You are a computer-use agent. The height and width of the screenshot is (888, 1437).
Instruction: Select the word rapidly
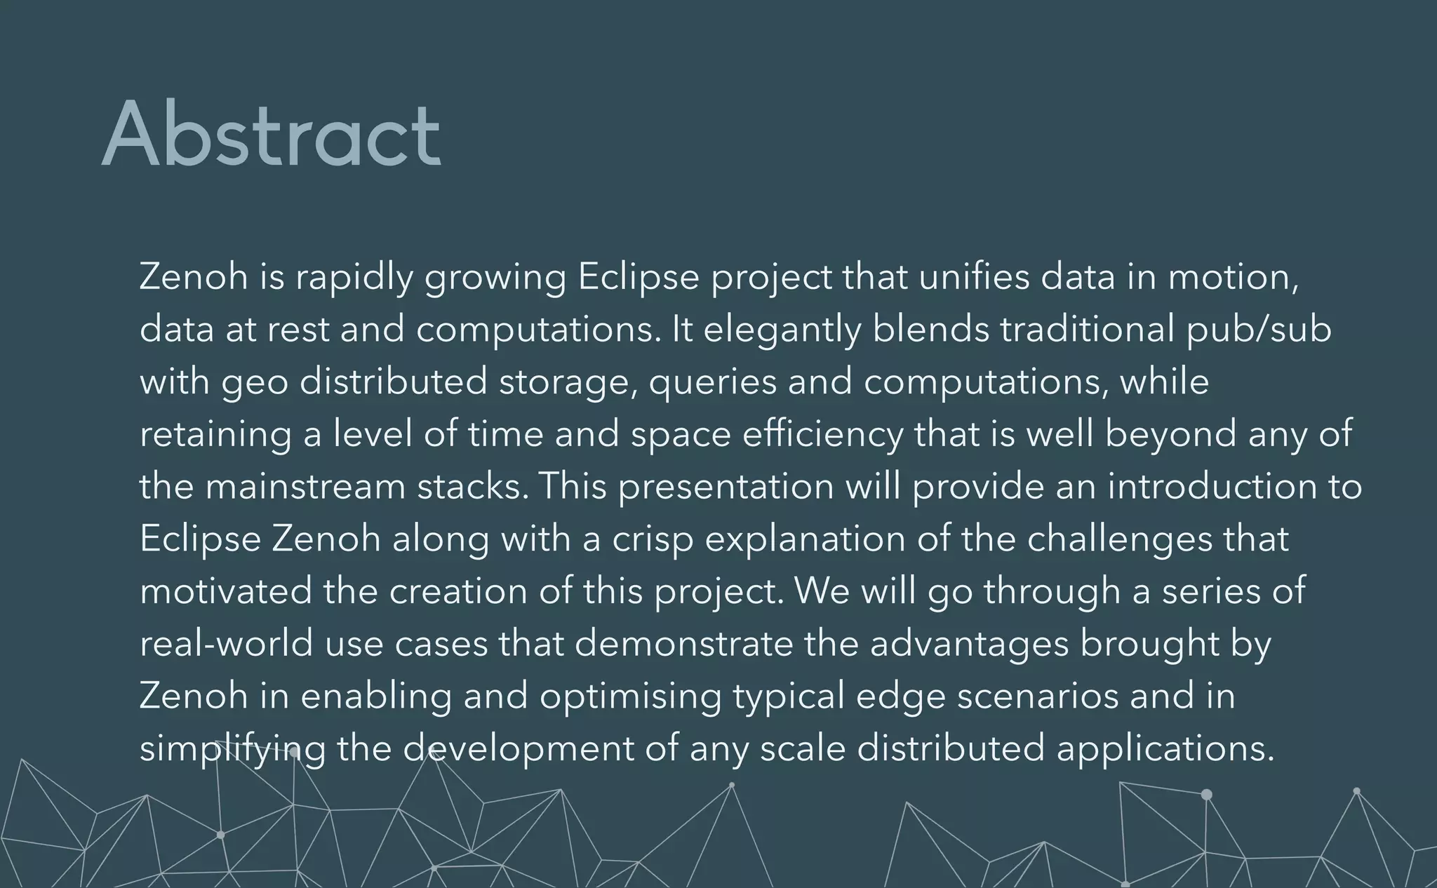(x=354, y=278)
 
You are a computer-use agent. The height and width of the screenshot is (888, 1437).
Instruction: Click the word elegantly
(x=782, y=330)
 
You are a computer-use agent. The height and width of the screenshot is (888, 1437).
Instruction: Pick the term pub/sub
(x=1259, y=330)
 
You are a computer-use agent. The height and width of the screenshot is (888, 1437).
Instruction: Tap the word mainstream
(x=305, y=487)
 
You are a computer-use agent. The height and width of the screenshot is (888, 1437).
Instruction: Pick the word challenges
(x=1119, y=539)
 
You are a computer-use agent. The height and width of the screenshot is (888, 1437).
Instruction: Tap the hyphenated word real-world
(x=226, y=643)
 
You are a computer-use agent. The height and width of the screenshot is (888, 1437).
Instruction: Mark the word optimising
(x=630, y=697)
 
